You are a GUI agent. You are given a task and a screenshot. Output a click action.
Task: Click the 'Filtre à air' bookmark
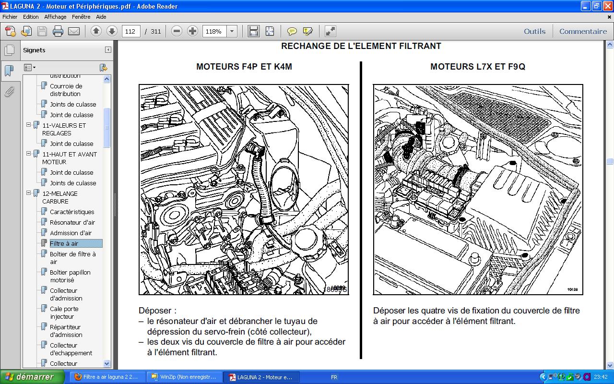click(x=64, y=243)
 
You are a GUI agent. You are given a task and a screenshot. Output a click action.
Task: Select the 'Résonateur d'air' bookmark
click(x=72, y=222)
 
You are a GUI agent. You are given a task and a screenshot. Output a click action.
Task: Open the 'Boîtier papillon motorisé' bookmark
click(x=70, y=276)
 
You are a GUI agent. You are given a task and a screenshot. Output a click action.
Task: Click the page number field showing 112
click(x=131, y=32)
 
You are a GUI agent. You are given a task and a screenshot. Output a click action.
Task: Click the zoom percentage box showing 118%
click(x=214, y=32)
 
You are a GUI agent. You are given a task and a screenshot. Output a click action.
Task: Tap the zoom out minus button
click(x=177, y=32)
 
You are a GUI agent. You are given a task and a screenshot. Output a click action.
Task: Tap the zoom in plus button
click(x=192, y=32)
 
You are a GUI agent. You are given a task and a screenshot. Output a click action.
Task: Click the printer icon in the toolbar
click(x=58, y=32)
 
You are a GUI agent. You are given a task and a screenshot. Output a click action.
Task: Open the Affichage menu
click(x=55, y=16)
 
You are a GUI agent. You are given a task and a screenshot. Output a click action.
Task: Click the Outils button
click(x=534, y=32)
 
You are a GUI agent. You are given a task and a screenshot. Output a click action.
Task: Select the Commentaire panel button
click(x=583, y=32)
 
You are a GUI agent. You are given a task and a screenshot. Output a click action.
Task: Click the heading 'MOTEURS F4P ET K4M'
click(x=244, y=67)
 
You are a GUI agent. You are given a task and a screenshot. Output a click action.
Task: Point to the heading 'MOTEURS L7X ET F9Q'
click(x=477, y=67)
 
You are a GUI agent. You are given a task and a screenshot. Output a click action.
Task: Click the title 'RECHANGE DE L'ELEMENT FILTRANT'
click(x=361, y=47)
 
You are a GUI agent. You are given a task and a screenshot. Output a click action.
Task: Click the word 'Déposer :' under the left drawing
click(x=157, y=311)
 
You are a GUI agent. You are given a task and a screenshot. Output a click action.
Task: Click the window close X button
click(x=607, y=6)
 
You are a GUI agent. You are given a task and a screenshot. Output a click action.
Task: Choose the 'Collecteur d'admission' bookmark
click(x=66, y=294)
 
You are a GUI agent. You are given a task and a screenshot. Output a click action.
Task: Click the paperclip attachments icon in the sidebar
click(x=9, y=92)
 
